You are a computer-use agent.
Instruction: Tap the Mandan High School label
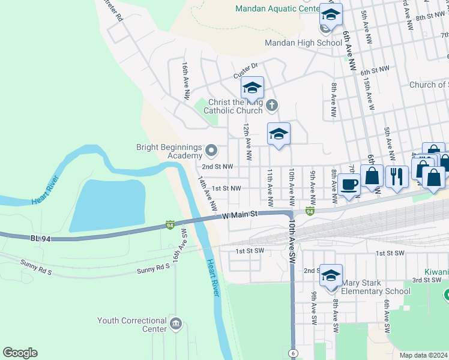point(303,43)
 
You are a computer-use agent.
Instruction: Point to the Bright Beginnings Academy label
point(166,151)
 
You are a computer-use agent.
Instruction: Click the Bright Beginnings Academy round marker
point(211,149)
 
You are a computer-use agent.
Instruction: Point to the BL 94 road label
point(41,238)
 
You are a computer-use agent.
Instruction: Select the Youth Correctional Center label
point(132,325)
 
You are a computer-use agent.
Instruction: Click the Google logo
point(20,353)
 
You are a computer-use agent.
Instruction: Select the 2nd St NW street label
point(217,167)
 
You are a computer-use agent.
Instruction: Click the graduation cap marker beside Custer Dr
point(253,87)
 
